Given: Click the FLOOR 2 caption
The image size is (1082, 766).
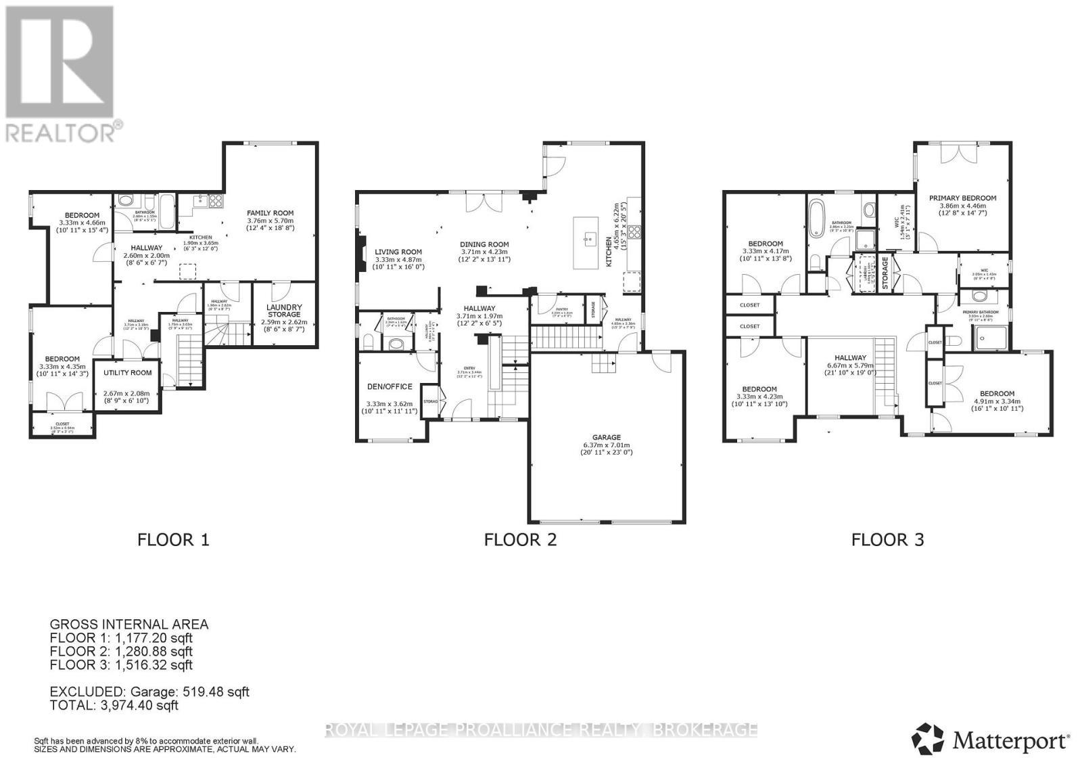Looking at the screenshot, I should (520, 539).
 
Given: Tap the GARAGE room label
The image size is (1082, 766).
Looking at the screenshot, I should (607, 437).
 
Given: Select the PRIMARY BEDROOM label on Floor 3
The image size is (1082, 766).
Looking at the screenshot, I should (962, 198).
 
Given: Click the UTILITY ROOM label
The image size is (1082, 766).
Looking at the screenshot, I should (128, 373).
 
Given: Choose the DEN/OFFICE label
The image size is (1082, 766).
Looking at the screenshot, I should (389, 386).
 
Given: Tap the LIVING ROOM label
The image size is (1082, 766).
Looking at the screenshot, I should (398, 251).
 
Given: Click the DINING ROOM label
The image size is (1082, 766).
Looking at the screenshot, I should (484, 244).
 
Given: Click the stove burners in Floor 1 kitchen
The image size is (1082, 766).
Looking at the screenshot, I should (215, 200).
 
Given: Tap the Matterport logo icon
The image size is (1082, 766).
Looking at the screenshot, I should (929, 739).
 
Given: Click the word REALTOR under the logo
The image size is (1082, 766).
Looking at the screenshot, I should (61, 133).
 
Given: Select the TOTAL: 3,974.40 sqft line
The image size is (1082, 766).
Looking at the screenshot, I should (114, 705).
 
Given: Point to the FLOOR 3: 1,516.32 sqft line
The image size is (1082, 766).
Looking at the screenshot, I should (121, 664).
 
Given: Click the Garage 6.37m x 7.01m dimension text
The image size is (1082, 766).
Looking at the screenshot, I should (607, 445).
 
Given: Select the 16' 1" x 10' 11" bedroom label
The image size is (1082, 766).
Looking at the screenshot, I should (997, 409).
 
